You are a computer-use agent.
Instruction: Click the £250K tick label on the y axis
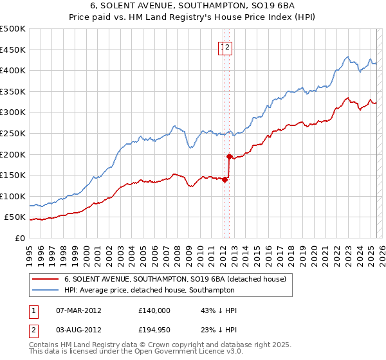[x=14, y=133]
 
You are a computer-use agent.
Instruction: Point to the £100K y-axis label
[x=14, y=196]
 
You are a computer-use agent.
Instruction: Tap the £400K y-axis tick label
[x=14, y=70]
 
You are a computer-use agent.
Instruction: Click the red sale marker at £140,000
[x=225, y=180]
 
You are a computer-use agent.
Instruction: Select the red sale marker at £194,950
[x=229, y=156]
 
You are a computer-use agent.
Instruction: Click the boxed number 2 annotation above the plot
[x=228, y=46]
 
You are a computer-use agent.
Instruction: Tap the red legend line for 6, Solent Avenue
[x=45, y=279]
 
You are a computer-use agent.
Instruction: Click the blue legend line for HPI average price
[x=45, y=291]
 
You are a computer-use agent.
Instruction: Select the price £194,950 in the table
[x=154, y=331]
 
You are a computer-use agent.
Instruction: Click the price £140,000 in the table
[x=154, y=310]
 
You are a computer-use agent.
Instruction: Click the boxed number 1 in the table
[x=33, y=310]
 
